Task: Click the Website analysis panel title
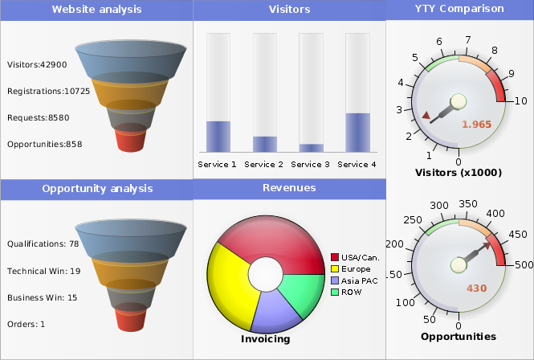tap(96, 10)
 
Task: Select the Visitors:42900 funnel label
tap(37, 64)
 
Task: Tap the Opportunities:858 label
tap(45, 144)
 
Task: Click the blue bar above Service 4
tap(357, 133)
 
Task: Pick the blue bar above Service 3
tap(311, 148)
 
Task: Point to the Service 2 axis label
tap(264, 164)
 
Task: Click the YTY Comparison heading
tap(459, 9)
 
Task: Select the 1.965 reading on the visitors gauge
tap(476, 124)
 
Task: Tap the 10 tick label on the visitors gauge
tap(520, 100)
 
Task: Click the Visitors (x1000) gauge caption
tap(458, 172)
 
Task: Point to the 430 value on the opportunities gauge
tap(476, 288)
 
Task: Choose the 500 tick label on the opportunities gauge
tap(524, 264)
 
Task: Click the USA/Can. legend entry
tap(354, 257)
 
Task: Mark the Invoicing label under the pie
tap(265, 339)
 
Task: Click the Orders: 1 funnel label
tap(26, 325)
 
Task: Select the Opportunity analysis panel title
tap(96, 189)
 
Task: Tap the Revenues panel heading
tap(289, 188)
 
